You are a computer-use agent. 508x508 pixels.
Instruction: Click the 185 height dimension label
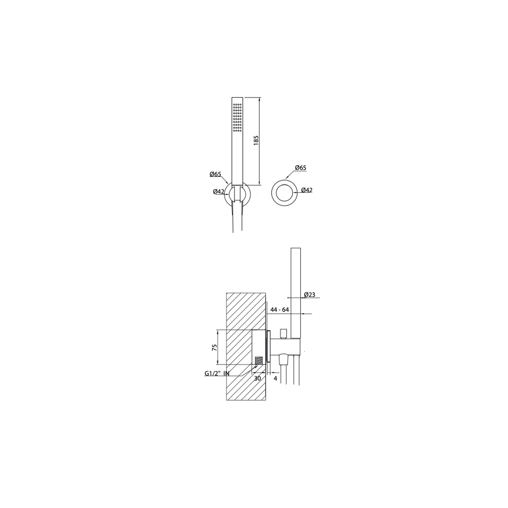256,141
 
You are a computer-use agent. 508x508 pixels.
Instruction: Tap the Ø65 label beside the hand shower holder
215,174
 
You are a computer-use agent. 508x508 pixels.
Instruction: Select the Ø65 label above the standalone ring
301,168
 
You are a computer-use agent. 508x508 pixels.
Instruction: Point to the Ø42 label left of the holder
218,192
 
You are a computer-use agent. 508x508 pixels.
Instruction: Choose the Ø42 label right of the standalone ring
307,190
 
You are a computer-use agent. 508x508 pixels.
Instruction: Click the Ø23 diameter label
309,294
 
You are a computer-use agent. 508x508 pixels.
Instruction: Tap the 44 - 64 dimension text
279,310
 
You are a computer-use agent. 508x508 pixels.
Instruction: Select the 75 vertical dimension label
215,347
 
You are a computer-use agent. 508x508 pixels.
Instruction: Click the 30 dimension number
257,378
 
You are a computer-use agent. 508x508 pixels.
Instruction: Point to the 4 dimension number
275,378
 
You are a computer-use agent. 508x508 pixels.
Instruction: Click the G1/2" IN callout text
217,374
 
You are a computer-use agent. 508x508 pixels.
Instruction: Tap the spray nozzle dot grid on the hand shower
237,118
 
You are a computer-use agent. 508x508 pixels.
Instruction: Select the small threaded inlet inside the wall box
259,360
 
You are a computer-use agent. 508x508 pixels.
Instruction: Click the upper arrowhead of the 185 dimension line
260,99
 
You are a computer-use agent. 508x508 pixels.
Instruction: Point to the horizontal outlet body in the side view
285,346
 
